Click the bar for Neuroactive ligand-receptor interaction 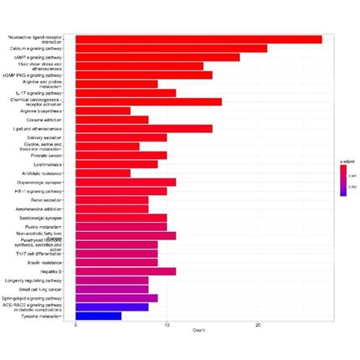point(198,39)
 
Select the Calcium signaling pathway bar point(171,49)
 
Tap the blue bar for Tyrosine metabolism point(98,316)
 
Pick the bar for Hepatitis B point(126,271)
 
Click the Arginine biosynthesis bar point(103,111)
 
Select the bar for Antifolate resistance point(103,173)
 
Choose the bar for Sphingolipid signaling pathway point(116,298)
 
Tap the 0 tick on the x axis point(76,326)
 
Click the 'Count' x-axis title point(200,332)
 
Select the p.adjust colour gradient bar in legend point(343,180)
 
